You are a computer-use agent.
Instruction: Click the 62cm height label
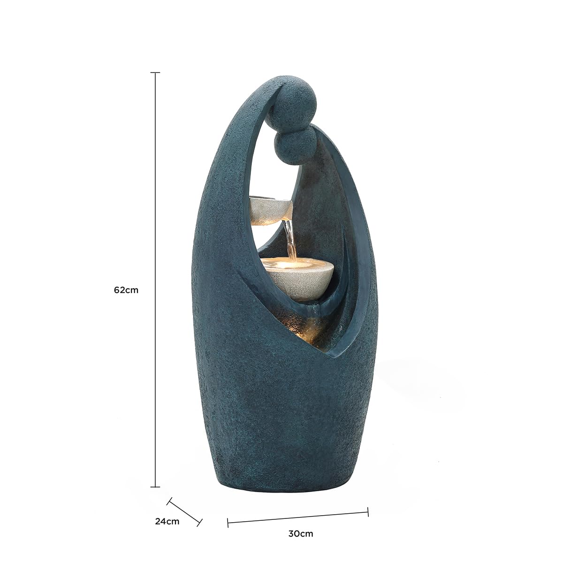pos(126,290)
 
